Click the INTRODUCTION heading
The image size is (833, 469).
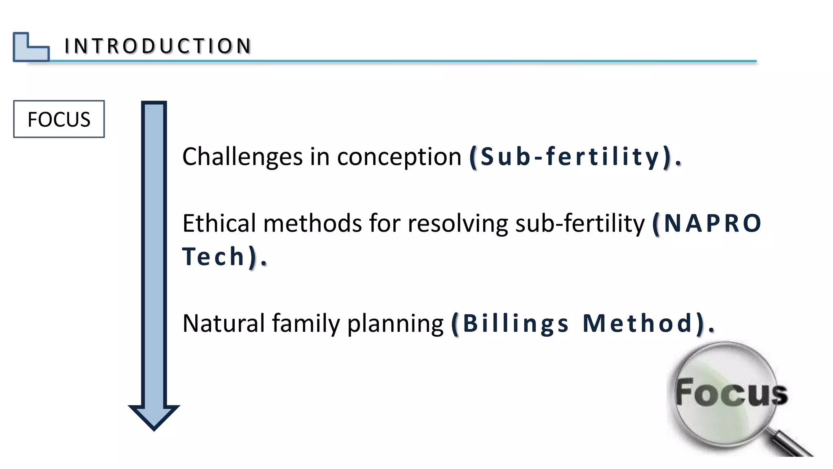click(x=158, y=46)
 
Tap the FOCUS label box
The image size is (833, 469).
click(x=59, y=119)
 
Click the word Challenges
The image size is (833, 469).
click(x=242, y=157)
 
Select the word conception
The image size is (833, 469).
click(x=399, y=157)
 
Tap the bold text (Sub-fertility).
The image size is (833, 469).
click(x=575, y=157)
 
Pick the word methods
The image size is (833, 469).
click(x=312, y=224)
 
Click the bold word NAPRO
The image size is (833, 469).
click(x=711, y=224)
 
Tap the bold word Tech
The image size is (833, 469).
click(x=213, y=257)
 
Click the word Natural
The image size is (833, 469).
click(x=223, y=324)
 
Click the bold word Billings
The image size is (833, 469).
click(x=515, y=324)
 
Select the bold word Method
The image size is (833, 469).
click(x=637, y=324)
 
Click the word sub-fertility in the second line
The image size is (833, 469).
click(x=580, y=224)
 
